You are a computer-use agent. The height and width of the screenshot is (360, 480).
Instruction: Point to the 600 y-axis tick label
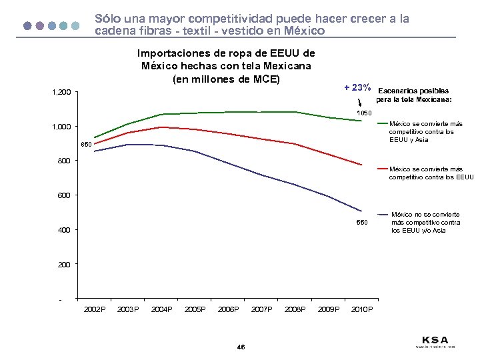click(x=63, y=195)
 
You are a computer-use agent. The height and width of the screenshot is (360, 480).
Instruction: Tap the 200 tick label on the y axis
click(x=63, y=265)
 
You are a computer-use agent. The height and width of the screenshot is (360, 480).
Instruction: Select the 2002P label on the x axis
click(x=94, y=309)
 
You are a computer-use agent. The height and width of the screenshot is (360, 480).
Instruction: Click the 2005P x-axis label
click(x=195, y=309)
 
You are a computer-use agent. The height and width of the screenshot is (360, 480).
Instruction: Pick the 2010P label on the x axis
click(x=362, y=309)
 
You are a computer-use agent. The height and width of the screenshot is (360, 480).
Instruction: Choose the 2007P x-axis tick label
click(x=261, y=309)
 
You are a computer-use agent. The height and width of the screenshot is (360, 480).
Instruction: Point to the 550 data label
click(x=361, y=221)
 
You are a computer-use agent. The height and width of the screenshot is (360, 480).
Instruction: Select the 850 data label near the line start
click(x=86, y=145)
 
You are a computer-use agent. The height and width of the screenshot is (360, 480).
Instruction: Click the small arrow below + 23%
click(x=360, y=103)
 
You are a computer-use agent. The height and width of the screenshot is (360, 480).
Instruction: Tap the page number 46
click(x=240, y=347)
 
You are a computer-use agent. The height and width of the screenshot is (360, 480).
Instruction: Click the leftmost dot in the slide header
click(x=27, y=25)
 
